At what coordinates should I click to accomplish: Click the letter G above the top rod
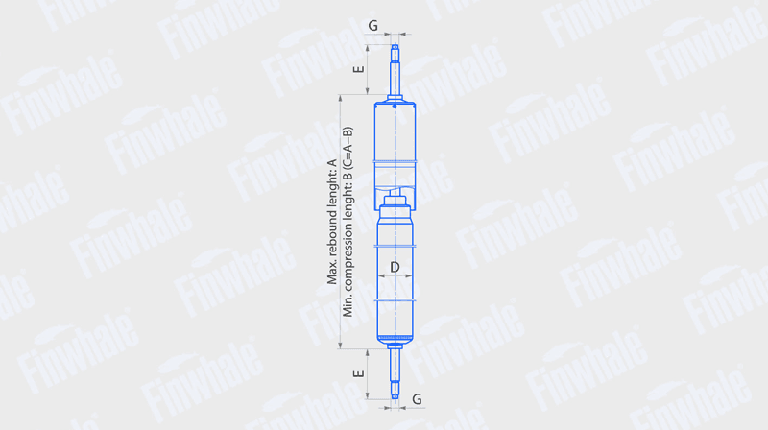(x=372, y=26)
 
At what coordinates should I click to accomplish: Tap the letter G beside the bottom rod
(x=417, y=399)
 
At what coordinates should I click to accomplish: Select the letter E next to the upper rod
(x=359, y=69)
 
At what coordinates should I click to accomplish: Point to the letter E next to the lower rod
(x=359, y=373)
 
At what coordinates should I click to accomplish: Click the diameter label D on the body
(x=395, y=267)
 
